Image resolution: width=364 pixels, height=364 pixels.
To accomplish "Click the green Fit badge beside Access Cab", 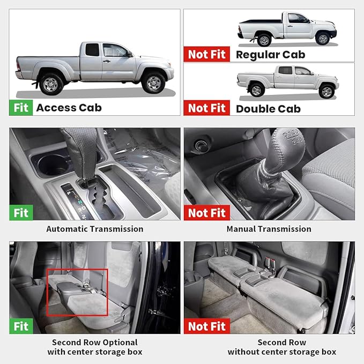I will (x=21, y=107).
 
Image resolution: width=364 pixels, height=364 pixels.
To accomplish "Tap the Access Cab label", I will (x=69, y=107).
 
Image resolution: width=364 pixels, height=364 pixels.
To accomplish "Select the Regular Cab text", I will (x=270, y=54).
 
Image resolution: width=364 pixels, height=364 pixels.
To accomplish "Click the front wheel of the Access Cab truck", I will (x=154, y=82).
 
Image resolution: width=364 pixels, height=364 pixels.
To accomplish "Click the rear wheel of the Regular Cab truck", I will (x=263, y=39).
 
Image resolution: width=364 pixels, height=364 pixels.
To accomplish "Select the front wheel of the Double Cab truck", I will (x=326, y=91).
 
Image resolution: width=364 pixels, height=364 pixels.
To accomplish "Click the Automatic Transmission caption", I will (x=95, y=229).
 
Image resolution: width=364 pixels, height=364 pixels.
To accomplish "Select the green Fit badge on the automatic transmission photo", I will (x=21, y=213).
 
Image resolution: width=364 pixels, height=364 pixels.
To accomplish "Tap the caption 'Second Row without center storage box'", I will (x=282, y=347).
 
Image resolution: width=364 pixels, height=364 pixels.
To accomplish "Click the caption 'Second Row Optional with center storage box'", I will (x=94, y=347).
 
